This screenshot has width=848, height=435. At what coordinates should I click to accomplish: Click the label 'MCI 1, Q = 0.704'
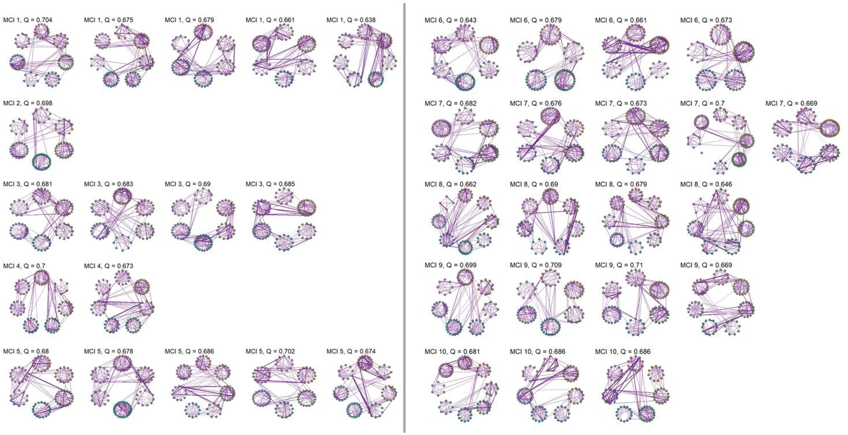[28, 20]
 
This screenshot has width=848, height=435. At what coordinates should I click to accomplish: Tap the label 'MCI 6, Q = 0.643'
[450, 20]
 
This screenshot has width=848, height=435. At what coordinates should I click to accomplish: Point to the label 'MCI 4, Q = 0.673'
[109, 266]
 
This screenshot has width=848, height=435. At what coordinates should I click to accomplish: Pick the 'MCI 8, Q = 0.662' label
[450, 184]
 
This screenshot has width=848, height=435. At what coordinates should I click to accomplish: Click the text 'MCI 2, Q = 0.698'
[28, 103]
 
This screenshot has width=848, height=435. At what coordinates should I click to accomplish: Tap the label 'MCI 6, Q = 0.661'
[621, 20]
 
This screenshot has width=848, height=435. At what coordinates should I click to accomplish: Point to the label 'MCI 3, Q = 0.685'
[270, 184]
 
